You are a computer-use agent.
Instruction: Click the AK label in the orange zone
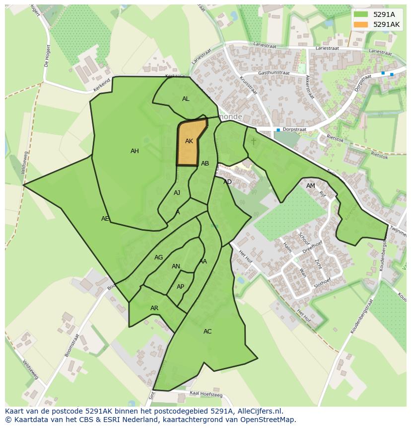click(x=189, y=141)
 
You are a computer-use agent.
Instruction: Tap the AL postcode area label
click(x=186, y=99)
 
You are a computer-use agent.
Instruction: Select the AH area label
click(x=135, y=151)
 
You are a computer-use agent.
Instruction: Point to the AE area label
click(x=105, y=219)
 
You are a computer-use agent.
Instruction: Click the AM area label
click(x=311, y=186)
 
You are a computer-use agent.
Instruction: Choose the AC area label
click(x=207, y=332)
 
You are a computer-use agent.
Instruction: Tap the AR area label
click(x=154, y=308)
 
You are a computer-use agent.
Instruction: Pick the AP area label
click(x=180, y=287)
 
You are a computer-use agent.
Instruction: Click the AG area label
click(x=158, y=257)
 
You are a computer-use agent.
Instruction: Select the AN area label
click(x=176, y=266)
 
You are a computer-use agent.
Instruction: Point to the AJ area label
click(x=177, y=193)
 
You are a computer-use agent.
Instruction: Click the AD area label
click(x=227, y=182)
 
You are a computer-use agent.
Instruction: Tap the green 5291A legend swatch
click(x=361, y=14)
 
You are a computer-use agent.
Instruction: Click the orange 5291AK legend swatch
click(x=361, y=24)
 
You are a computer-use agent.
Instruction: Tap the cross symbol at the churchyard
click(x=254, y=142)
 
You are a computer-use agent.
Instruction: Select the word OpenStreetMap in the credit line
click(x=268, y=420)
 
